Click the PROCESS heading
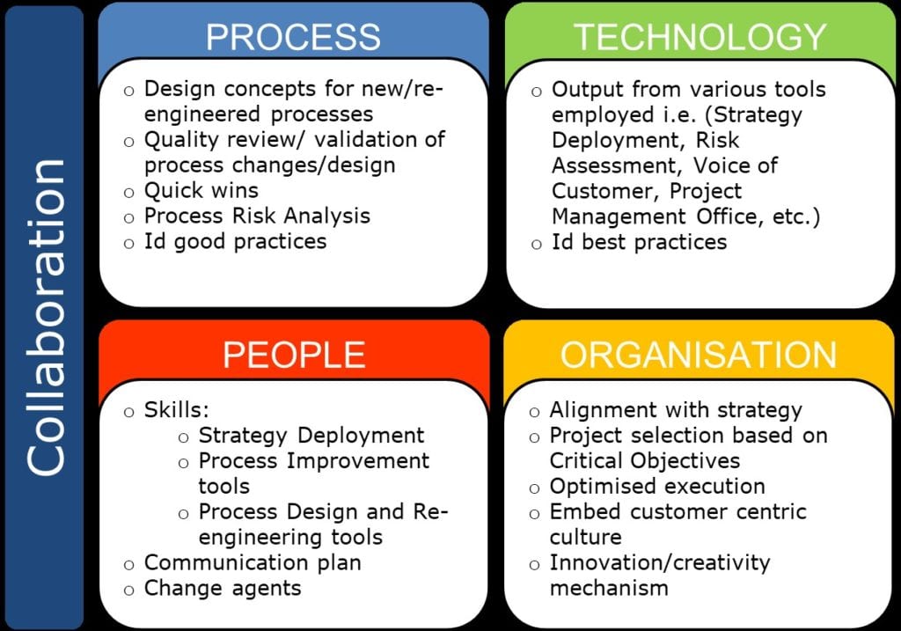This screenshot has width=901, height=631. click(293, 37)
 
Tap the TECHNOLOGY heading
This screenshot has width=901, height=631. click(700, 37)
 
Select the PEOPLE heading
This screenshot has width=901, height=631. click(294, 354)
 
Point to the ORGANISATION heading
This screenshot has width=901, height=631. click(698, 354)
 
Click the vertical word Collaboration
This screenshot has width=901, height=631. click(46, 317)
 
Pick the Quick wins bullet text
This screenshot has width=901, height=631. click(201, 190)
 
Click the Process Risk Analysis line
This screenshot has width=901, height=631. click(257, 216)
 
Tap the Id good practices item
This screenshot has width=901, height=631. click(235, 241)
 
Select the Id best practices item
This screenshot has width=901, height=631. click(639, 242)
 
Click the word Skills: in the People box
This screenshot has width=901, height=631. click(176, 410)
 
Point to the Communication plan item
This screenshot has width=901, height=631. click(253, 562)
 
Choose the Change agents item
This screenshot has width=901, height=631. click(223, 589)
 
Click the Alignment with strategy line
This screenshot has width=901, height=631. click(676, 410)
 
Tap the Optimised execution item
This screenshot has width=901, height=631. click(657, 486)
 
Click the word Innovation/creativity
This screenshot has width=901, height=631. click(660, 562)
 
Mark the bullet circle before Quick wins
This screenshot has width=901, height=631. click(128, 193)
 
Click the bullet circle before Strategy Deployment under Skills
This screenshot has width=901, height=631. click(183, 438)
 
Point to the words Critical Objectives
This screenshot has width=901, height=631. click(645, 461)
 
